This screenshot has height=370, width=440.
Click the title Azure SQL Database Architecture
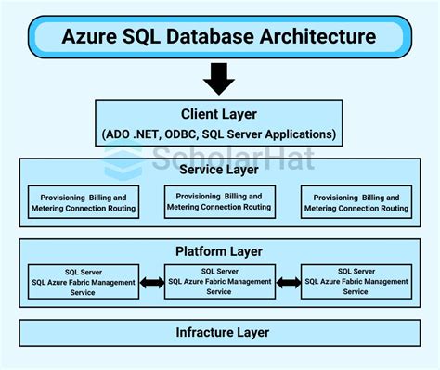[219, 36]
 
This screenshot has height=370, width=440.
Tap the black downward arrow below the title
[219, 79]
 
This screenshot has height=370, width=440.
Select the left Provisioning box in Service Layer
[82, 203]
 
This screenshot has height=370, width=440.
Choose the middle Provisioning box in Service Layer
[219, 201]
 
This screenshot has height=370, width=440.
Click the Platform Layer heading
[219, 251]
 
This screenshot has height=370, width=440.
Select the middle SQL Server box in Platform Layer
[219, 280]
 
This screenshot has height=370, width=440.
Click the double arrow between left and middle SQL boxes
[150, 281]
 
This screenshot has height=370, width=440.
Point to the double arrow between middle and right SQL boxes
[287, 281]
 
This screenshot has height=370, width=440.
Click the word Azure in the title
[91, 36]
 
